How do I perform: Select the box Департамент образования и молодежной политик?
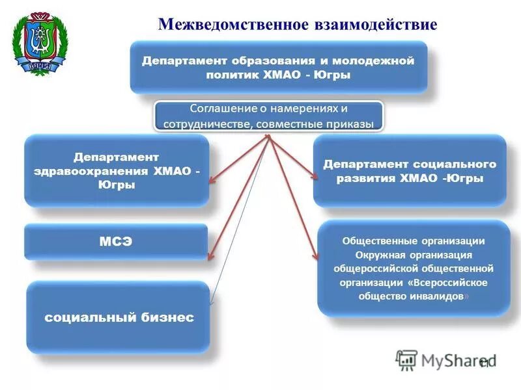click(278, 68)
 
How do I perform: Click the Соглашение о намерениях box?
click(268, 116)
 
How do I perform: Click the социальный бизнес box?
click(119, 317)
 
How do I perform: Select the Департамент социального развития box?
click(410, 171)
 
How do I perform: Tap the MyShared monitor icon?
click(406, 359)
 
